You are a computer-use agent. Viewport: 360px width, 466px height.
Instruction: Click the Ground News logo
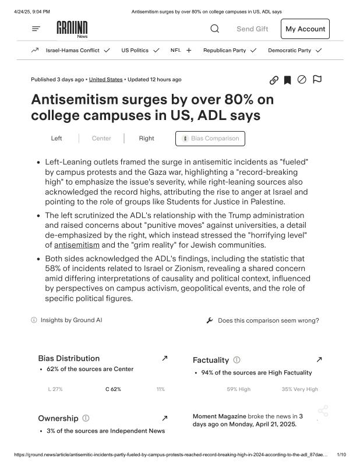pos(72,29)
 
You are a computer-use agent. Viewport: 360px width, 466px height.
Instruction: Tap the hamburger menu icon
pos(36,29)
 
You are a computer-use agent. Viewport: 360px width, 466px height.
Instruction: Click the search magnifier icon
pos(214,29)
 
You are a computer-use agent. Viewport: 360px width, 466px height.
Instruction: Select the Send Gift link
pos(252,29)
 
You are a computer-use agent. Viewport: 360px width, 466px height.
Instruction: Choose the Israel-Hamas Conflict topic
pos(72,51)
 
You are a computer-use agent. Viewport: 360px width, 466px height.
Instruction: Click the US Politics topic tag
pos(135,51)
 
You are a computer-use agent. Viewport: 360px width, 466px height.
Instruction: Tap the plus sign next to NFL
pos(189,51)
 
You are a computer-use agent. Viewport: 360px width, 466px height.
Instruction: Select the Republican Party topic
pos(224,51)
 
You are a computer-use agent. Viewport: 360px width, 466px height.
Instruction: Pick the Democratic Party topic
pos(290,51)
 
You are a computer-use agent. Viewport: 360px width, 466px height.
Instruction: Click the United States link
pos(105,79)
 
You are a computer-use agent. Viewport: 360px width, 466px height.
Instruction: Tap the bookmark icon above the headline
pos(287,80)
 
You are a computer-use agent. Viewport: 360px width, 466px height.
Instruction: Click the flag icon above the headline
pos(317,80)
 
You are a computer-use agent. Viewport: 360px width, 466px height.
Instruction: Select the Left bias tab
pos(57,139)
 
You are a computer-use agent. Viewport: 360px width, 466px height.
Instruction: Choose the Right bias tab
pos(147,139)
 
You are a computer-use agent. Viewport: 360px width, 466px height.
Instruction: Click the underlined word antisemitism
pos(77,245)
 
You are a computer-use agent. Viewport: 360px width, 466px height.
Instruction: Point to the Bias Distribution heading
pos(69,358)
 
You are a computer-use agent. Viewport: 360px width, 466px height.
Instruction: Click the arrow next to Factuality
pos(319,360)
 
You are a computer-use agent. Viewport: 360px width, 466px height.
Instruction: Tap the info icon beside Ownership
pos(86,418)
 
